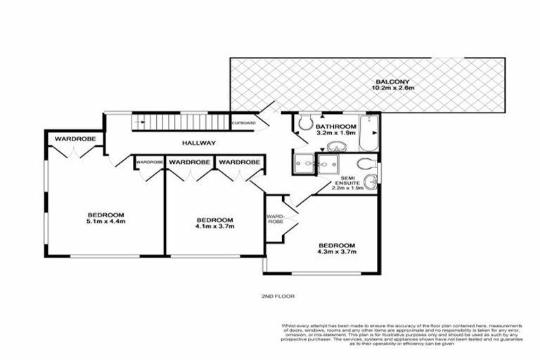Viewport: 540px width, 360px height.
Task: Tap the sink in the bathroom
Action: coord(336,146)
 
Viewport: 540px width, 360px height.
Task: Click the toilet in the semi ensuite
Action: coord(371,184)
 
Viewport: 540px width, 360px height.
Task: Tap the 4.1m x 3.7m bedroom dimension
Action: coord(214,226)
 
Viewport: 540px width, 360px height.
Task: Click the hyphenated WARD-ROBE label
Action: coord(274,218)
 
